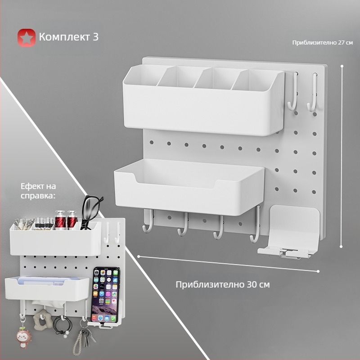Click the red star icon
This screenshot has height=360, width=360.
(27, 37)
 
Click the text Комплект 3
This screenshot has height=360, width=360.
(69, 37)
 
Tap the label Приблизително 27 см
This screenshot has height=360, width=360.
(322, 42)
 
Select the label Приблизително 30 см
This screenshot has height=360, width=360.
(222, 284)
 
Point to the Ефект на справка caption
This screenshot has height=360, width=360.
(38, 191)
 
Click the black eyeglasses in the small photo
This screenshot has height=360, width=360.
(91, 211)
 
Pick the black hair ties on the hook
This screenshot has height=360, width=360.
(63, 326)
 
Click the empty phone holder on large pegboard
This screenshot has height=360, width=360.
(289, 232)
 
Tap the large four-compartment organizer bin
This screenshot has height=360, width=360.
(204, 100)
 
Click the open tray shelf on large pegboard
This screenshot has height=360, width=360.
(189, 187)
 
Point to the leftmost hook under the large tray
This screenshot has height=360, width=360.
(147, 221)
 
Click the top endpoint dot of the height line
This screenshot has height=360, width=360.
(342, 66)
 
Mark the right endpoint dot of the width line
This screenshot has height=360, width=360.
(318, 271)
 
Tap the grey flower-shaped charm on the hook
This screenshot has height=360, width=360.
(42, 319)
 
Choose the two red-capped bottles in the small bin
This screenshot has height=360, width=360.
(66, 220)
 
